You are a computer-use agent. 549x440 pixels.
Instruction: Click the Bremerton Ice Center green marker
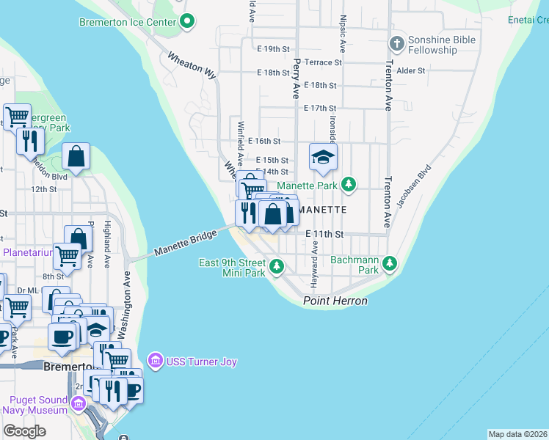(187, 21)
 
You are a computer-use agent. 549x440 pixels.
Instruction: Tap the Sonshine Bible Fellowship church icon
(396, 44)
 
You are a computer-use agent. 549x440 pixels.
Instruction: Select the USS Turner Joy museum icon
(155, 361)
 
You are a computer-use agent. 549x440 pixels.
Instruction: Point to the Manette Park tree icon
(350, 186)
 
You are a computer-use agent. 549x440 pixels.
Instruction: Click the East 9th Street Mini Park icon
(277, 267)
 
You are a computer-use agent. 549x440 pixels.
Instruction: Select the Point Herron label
(335, 301)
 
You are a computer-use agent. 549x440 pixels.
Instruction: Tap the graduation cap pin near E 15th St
(322, 157)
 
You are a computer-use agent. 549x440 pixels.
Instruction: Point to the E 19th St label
(274, 49)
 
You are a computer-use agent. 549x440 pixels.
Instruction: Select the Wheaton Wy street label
(192, 65)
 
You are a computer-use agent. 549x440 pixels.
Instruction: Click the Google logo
(24, 430)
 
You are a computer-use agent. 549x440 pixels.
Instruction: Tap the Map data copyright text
(517, 434)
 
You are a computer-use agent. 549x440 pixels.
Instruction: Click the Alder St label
(411, 70)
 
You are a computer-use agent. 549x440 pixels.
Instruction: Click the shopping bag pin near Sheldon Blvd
(76, 156)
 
